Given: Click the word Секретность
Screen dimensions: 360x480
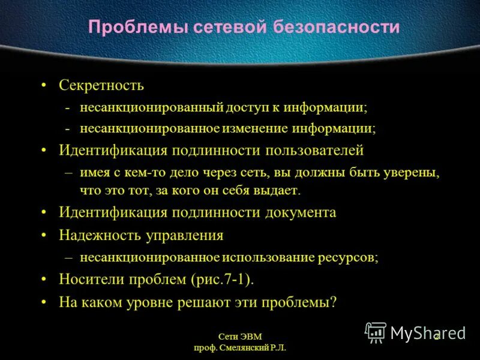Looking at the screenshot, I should tap(101, 85).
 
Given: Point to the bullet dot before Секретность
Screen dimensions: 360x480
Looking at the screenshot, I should tap(44, 85).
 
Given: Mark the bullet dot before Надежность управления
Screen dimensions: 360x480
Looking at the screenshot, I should tap(44, 235).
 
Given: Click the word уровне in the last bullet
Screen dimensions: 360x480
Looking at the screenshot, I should tap(146, 302).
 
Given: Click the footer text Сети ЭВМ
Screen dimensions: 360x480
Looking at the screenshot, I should tap(240, 337).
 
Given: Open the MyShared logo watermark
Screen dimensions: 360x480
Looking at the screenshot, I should tap(415, 332).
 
